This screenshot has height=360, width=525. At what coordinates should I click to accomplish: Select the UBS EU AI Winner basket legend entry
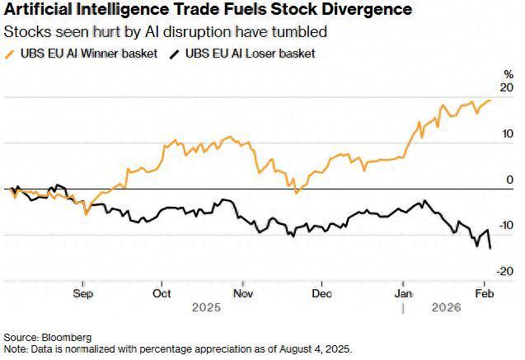click(x=80, y=54)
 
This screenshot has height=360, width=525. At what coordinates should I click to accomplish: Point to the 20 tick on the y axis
click(x=507, y=88)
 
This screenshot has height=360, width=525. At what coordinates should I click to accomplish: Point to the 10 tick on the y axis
click(x=507, y=133)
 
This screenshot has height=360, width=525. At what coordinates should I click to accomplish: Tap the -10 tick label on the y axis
click(x=505, y=225)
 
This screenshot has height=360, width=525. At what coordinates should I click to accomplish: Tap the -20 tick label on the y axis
click(x=505, y=270)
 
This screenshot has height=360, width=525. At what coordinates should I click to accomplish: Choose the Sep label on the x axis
click(x=83, y=292)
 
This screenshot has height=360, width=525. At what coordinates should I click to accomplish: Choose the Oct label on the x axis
click(x=162, y=292)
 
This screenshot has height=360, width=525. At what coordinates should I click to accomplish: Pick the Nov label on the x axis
click(x=242, y=292)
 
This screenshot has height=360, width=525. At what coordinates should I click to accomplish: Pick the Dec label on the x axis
click(x=321, y=292)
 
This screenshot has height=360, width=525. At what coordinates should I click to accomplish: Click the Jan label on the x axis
click(x=403, y=292)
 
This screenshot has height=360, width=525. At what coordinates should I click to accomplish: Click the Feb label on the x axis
click(x=485, y=292)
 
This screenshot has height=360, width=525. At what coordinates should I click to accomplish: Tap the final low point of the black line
click(x=491, y=248)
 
